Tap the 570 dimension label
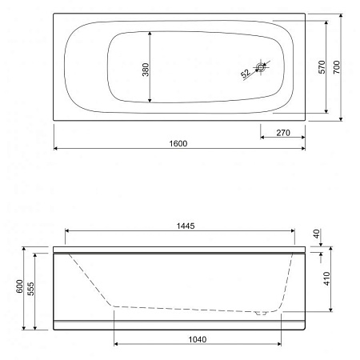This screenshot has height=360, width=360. (322, 67)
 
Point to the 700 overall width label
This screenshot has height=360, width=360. (337, 67)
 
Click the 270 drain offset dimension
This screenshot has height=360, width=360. (281, 131)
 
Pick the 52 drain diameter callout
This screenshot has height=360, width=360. (246, 74)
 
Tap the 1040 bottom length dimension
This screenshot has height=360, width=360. (198, 338)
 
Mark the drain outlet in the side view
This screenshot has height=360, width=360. (258, 314)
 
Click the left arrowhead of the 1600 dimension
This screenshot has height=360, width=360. (56, 149)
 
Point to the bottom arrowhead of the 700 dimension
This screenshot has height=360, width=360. (342, 119)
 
